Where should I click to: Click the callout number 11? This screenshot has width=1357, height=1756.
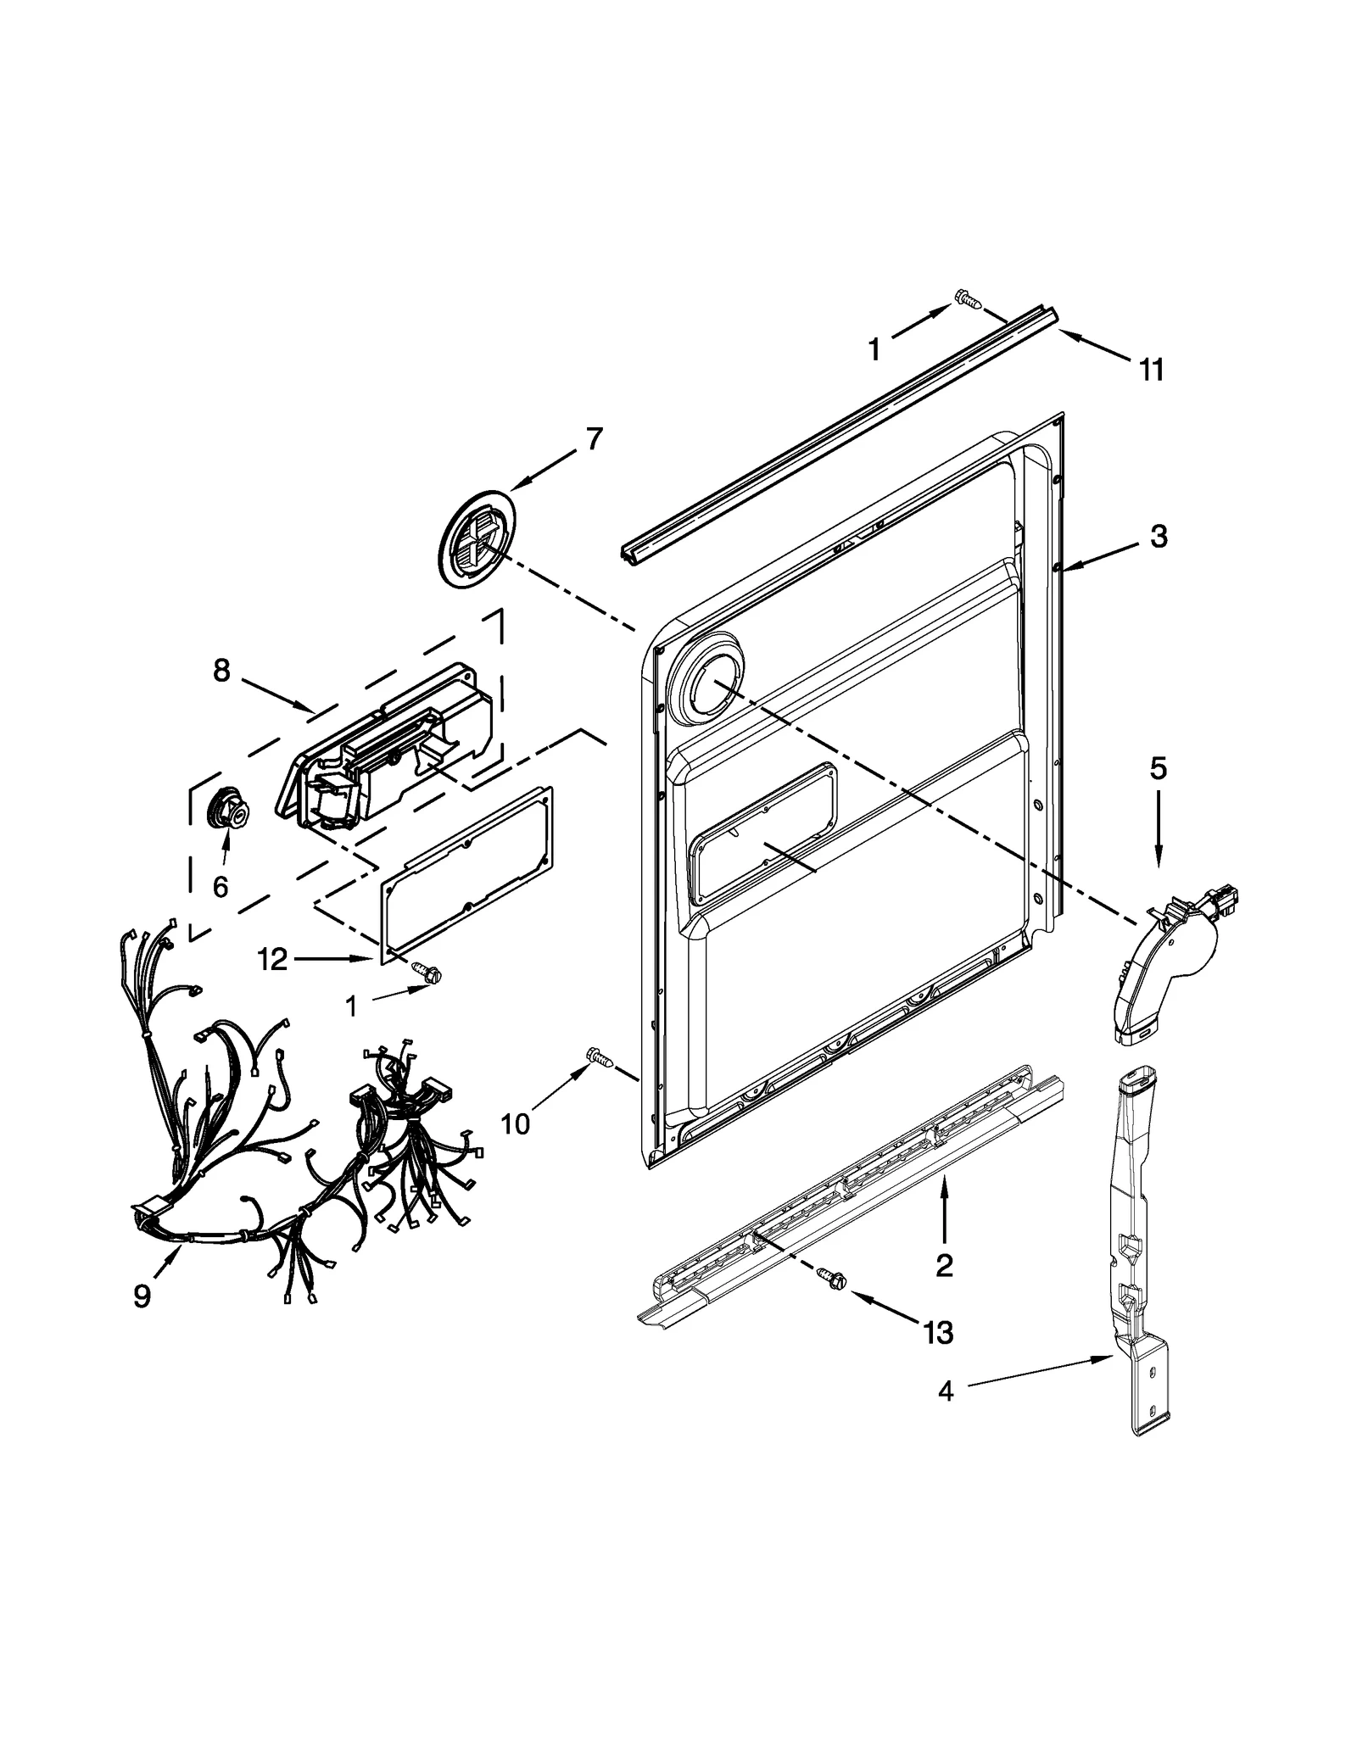coord(1151,371)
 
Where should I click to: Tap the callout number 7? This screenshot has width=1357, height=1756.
coord(595,439)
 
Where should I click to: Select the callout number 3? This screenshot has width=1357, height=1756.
coord(1159,536)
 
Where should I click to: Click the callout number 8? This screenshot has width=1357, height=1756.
coord(221,671)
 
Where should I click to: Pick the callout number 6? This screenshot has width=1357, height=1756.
coord(221,887)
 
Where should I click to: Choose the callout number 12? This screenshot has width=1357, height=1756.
coord(273,960)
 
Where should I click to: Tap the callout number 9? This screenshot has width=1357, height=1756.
coord(142,1296)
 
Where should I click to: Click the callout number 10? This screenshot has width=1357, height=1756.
coord(515,1123)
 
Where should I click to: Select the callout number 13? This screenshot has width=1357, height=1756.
coord(938,1333)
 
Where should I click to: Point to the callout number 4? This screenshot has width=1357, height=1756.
coord(945,1391)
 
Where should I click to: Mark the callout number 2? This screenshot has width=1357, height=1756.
coord(944,1266)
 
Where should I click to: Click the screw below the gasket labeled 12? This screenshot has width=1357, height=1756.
coord(427,973)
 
